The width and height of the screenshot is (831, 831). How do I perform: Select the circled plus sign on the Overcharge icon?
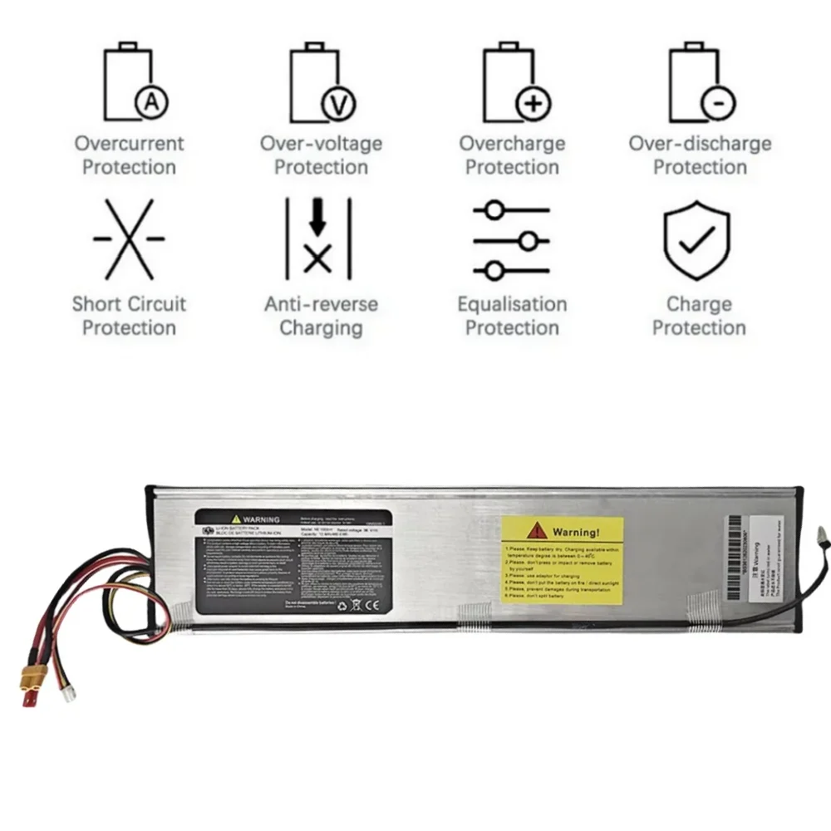[x=534, y=104]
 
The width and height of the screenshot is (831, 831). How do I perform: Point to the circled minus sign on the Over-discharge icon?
[x=718, y=104]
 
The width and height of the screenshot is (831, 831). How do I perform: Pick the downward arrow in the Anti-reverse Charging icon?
[x=317, y=218]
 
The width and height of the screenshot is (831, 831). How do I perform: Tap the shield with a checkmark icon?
[x=696, y=240]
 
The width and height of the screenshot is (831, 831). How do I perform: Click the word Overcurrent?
[x=129, y=143]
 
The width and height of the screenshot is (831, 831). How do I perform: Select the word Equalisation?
[x=512, y=304]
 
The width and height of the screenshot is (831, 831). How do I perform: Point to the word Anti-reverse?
[x=321, y=304]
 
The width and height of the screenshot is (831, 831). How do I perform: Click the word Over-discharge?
[x=700, y=143]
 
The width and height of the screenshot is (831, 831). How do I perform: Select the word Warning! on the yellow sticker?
[x=575, y=532]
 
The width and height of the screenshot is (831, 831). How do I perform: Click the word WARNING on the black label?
[x=261, y=519]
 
